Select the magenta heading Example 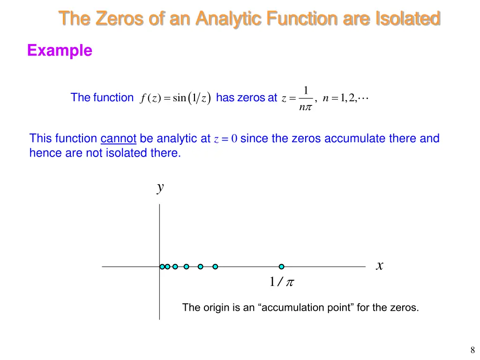pyautogui.click(x=60, y=50)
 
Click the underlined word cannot pyautogui.click(x=118, y=138)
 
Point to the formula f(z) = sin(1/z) pyautogui.click(x=175, y=98)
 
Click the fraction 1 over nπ pyautogui.click(x=306, y=98)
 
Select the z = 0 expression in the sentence pyautogui.click(x=225, y=139)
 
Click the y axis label pyautogui.click(x=160, y=187)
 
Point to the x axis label pyautogui.click(x=380, y=266)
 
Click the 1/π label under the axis pyautogui.click(x=281, y=282)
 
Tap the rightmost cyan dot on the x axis pyautogui.click(x=281, y=267)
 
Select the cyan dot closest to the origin pyautogui.click(x=162, y=267)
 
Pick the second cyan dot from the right pyautogui.click(x=215, y=267)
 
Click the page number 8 pyautogui.click(x=472, y=349)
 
